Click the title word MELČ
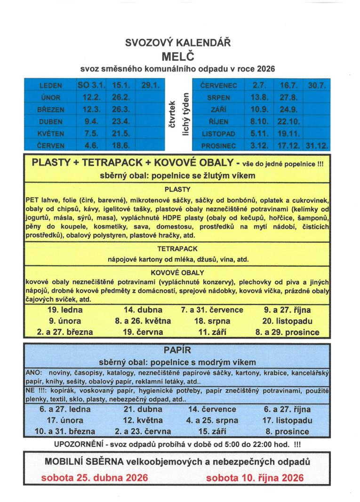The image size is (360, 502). (x=177, y=56)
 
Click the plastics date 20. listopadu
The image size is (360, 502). (x=287, y=321)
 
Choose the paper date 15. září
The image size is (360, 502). (x=212, y=431)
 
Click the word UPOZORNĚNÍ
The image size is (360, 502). (x=78, y=443)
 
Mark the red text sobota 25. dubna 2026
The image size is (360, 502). (x=95, y=478)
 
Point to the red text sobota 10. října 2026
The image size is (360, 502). (x=255, y=478)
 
